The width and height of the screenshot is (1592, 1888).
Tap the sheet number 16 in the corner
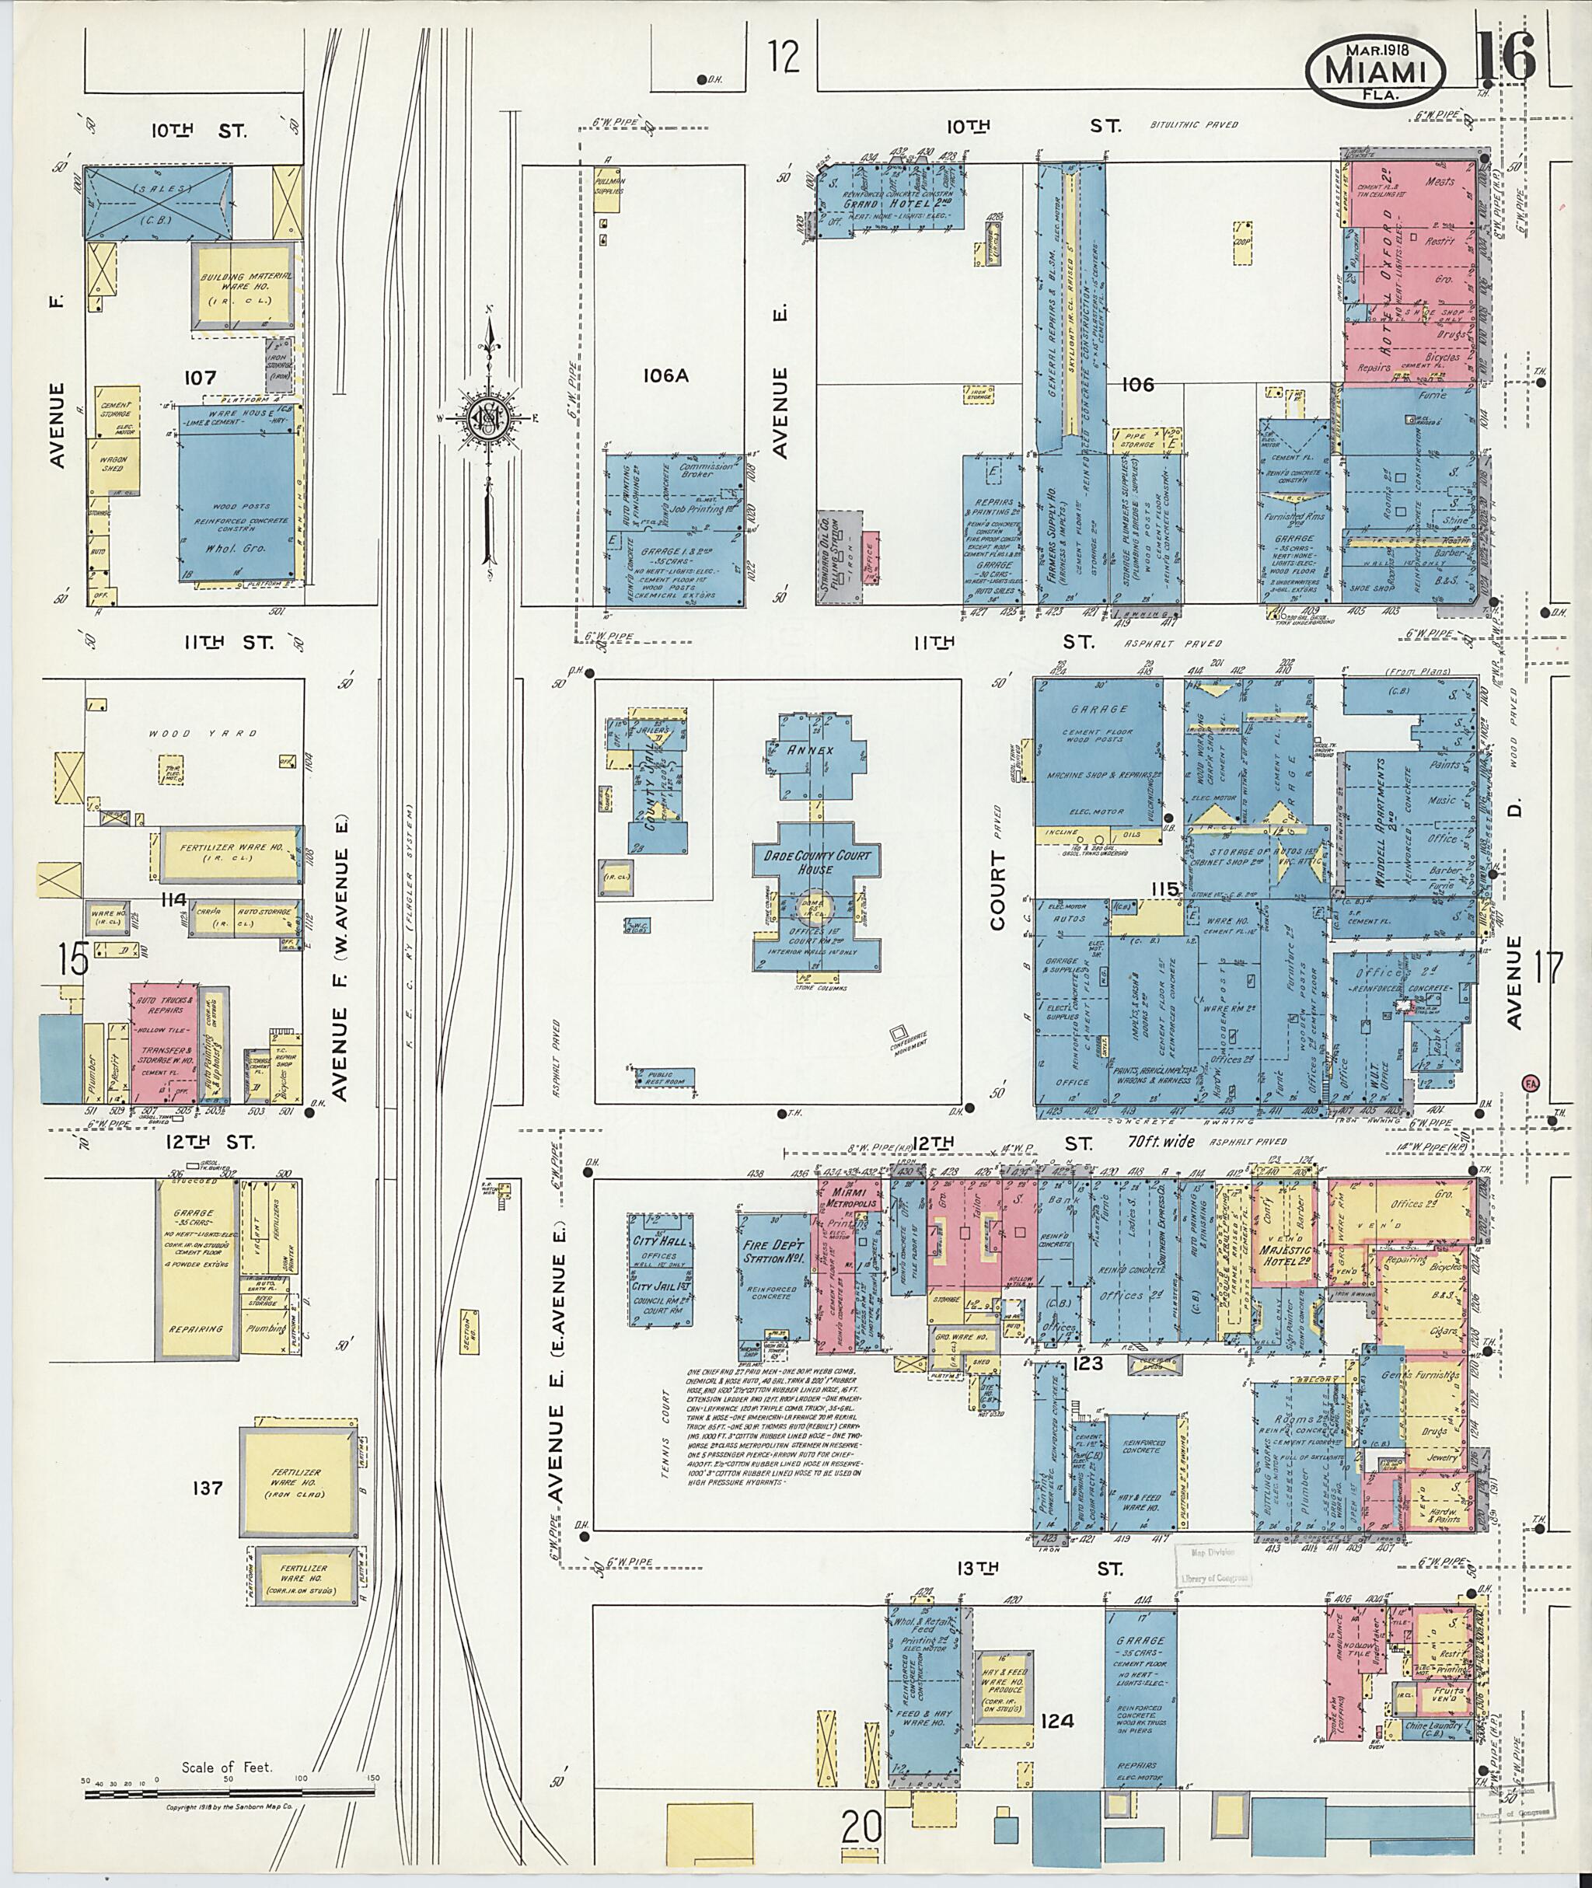point(1506,57)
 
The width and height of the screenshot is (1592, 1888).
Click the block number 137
point(207,1487)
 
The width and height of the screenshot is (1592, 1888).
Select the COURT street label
point(997,891)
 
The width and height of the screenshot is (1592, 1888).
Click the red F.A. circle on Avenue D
point(1530,1081)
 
